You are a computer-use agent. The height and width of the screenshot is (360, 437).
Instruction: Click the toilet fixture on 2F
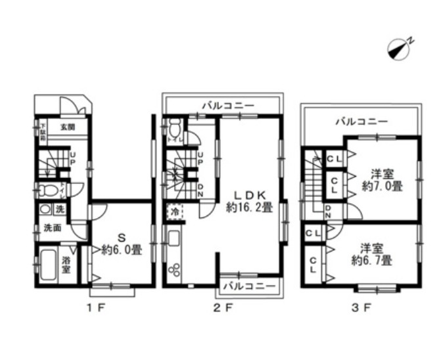point(174,127)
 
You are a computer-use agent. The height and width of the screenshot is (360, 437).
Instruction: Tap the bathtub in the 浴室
point(47,265)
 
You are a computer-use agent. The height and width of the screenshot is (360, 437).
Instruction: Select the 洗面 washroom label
point(53,229)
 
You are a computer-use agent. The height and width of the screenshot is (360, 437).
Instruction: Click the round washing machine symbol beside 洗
point(45,210)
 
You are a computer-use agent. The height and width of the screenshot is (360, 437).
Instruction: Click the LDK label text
point(249,195)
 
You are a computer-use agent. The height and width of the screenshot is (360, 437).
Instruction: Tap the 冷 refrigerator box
point(175,212)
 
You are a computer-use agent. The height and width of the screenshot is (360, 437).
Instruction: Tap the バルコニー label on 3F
point(361,122)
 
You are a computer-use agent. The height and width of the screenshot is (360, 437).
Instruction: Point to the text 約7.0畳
point(383,187)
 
